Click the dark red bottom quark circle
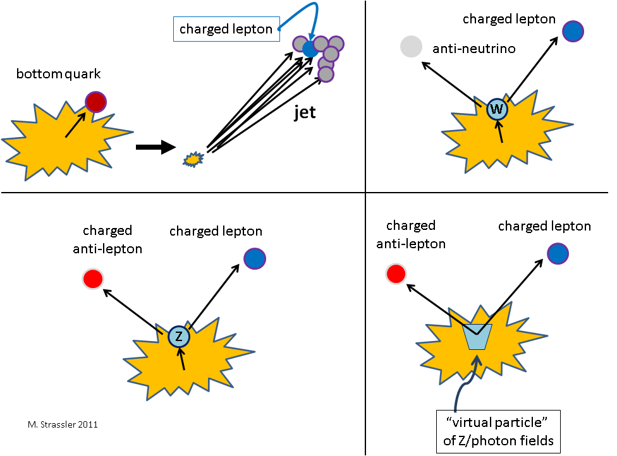point(95,102)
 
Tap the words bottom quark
point(59,75)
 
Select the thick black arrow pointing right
point(155,148)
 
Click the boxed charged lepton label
point(226,29)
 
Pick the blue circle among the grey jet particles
point(310,49)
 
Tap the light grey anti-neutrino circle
point(411,47)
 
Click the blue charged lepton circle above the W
point(572,31)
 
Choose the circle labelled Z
point(179,337)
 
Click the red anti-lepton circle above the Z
point(93,279)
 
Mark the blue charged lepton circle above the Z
point(255,258)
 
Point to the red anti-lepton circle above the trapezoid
point(396,273)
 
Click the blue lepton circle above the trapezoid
point(558,253)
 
